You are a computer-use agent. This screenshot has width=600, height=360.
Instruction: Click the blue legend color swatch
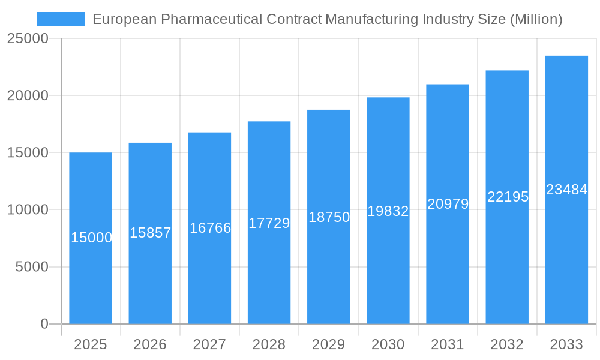click(x=61, y=19)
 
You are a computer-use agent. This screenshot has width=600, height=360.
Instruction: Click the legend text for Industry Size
click(x=327, y=19)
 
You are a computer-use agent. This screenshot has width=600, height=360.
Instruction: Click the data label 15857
click(x=150, y=233)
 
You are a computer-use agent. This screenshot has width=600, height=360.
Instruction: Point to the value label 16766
click(x=210, y=228)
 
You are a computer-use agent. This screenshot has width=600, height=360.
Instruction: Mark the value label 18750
click(x=329, y=217)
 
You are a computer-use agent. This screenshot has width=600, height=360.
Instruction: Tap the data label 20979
click(x=448, y=204)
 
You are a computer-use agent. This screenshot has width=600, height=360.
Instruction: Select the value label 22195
click(x=507, y=197)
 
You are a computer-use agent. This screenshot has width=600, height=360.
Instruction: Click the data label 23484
click(x=566, y=190)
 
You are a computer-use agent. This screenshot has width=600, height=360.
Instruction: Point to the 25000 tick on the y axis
click(x=27, y=38)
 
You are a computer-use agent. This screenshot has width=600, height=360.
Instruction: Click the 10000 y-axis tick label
click(x=27, y=210)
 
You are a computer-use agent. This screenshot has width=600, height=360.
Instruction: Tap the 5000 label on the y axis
click(x=31, y=267)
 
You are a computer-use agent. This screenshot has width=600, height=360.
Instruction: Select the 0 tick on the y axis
click(x=44, y=324)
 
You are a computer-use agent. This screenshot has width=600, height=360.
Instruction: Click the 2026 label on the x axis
click(x=150, y=344)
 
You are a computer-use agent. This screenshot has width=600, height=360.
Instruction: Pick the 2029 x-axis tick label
click(x=329, y=344)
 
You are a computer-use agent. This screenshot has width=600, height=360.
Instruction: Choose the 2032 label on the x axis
click(x=507, y=344)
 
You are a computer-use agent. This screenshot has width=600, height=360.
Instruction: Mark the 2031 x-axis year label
click(x=448, y=344)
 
